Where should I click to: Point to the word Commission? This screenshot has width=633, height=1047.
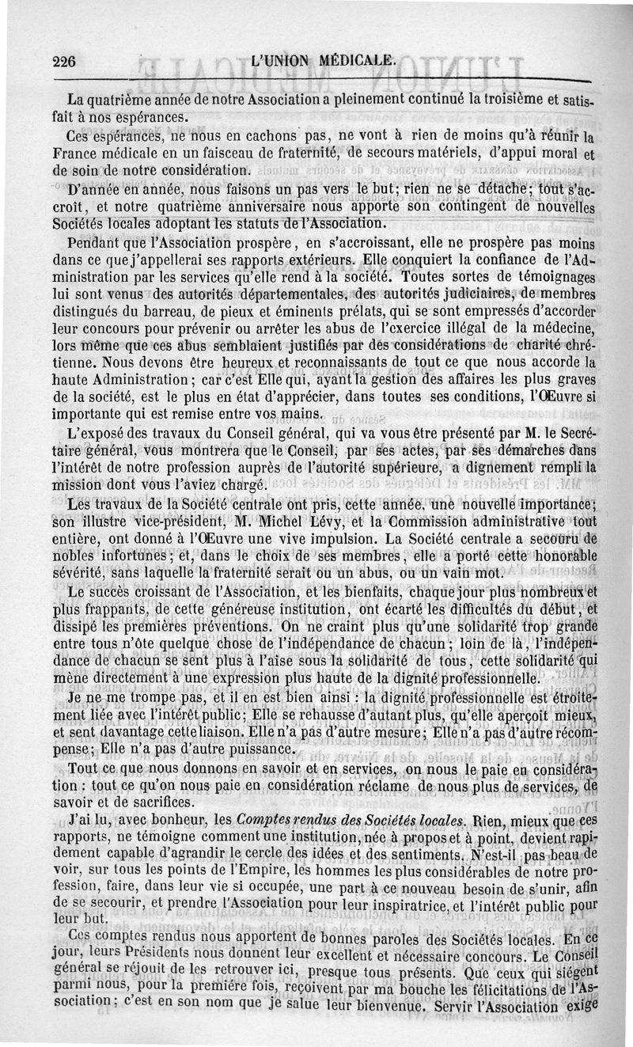click(430, 522)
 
